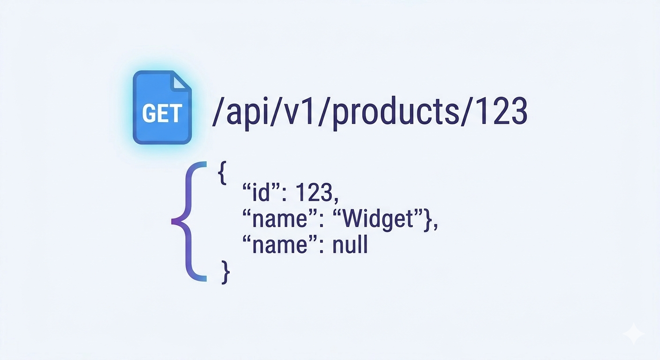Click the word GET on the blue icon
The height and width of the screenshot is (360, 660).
162,114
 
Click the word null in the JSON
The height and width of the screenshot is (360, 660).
350,245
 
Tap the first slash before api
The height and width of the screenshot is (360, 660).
217,112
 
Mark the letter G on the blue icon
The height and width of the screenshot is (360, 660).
149,114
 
